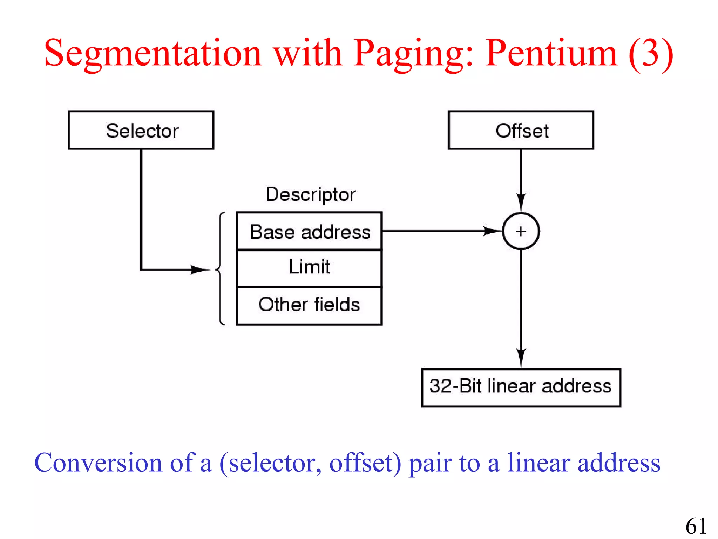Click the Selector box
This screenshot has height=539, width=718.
141,130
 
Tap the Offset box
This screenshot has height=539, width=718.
521,130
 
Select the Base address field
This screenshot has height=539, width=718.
309,231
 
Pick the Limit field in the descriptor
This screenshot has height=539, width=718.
309,267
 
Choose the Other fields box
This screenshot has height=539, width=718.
309,305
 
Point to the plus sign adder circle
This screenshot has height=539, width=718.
521,231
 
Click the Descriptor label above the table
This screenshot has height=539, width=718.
311,194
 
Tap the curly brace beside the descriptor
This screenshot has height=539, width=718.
220,268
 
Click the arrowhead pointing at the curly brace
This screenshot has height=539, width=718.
201,269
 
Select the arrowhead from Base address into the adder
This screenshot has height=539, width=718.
493,231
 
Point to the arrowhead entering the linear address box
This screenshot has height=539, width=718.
521,358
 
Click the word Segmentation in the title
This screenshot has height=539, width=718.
153,53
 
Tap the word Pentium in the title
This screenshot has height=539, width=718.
551,53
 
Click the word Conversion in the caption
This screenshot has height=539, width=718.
98,463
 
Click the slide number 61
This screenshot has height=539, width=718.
696,526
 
